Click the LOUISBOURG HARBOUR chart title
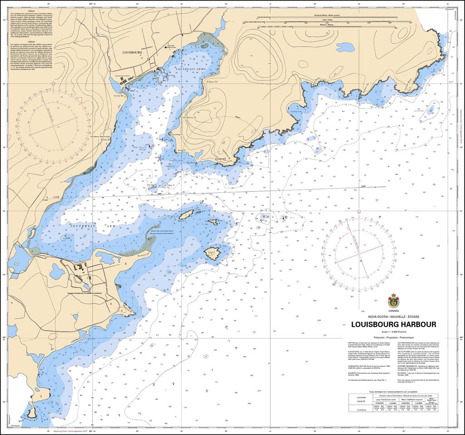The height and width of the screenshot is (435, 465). pyautogui.click(x=393, y=325)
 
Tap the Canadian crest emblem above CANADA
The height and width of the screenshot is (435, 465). pyautogui.click(x=393, y=300)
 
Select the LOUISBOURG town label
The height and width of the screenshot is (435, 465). pyautogui.click(x=132, y=53)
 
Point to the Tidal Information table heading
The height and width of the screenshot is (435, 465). pyautogui.click(x=393, y=391)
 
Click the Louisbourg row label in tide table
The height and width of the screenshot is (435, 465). pyautogui.click(x=362, y=410)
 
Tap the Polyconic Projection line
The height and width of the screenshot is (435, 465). pyautogui.click(x=393, y=339)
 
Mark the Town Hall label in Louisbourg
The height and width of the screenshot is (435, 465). pyautogui.click(x=170, y=46)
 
